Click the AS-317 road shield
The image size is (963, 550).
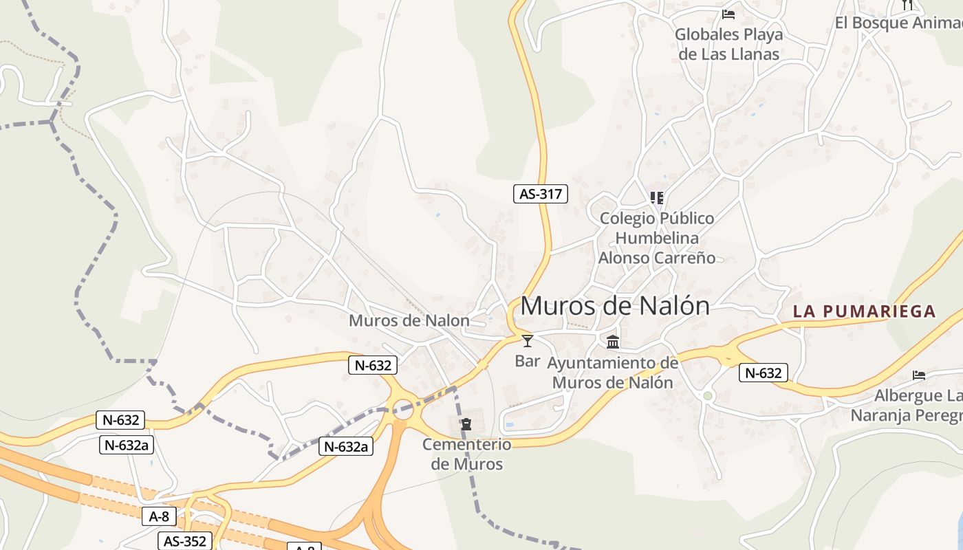click(x=541, y=194)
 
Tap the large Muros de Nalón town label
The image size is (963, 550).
click(x=615, y=306)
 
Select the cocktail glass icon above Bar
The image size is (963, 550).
click(x=528, y=340)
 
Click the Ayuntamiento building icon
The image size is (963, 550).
click(x=613, y=342)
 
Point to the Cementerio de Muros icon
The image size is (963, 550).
click(x=466, y=424)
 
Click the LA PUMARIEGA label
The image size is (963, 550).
click(x=865, y=311)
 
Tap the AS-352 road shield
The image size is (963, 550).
click(x=185, y=541)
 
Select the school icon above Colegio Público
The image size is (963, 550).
click(x=657, y=198)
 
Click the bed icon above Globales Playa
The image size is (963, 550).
click(x=728, y=14)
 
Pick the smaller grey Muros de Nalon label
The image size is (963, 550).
click(x=409, y=320)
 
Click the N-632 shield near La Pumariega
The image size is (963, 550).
click(x=764, y=373)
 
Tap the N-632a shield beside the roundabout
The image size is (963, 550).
click(x=347, y=446)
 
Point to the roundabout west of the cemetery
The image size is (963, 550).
click(x=403, y=409)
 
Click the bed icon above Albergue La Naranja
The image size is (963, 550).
click(x=919, y=375)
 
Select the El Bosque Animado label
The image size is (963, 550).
click(x=898, y=23)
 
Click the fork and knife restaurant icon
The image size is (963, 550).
click(x=907, y=5)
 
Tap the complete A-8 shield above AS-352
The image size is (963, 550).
click(x=159, y=516)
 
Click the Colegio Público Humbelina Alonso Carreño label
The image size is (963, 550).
click(x=657, y=238)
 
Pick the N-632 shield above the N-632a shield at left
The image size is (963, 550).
click(x=121, y=420)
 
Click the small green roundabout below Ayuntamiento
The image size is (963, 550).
click(x=708, y=395)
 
